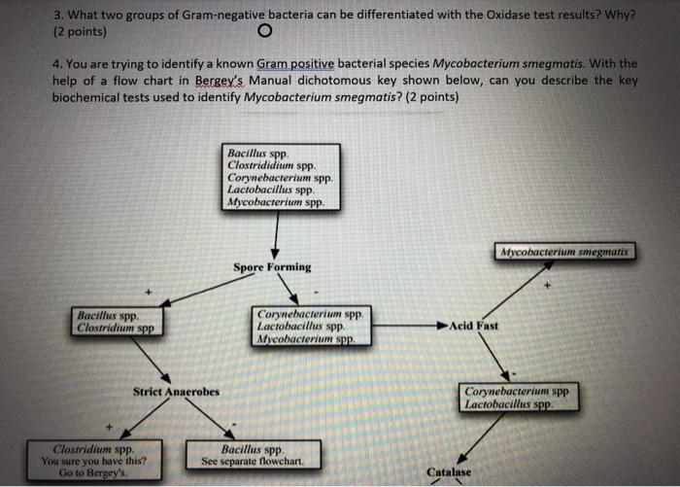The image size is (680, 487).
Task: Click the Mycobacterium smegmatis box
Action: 563,252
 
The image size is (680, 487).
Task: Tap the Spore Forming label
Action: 272,267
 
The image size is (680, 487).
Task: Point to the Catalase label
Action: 448,472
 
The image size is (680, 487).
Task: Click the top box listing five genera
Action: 281,177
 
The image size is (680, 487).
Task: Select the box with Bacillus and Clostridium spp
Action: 118,322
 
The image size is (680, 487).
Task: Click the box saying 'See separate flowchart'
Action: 253,455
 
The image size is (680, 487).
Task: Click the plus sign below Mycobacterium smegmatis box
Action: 546,286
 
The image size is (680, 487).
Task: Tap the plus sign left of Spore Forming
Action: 149,292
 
